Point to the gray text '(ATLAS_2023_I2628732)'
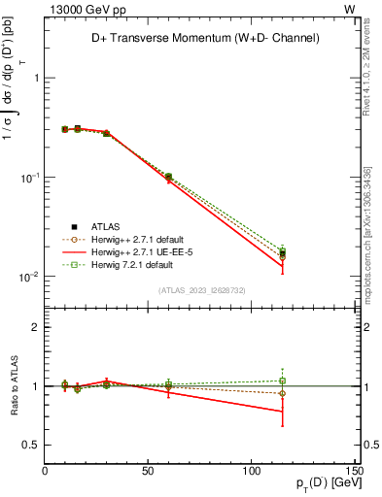click(202, 289)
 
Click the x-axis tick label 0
click(45, 471)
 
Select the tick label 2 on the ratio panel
click(34, 328)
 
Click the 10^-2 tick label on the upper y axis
click(26, 278)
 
